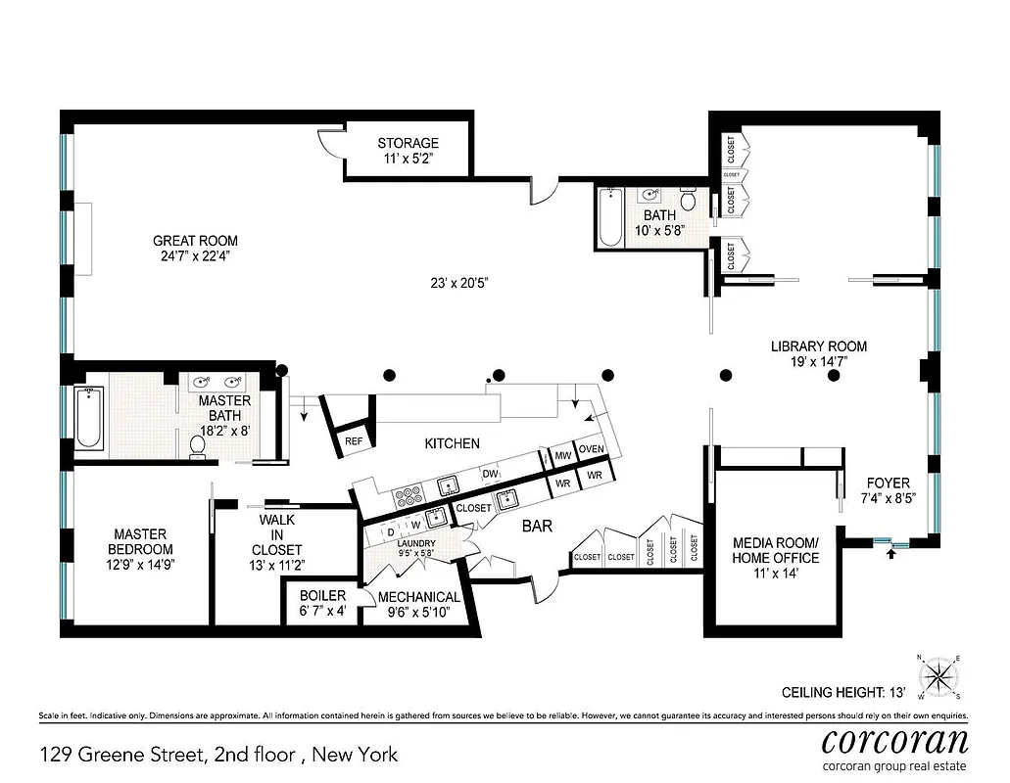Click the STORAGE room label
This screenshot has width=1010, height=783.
[408, 144]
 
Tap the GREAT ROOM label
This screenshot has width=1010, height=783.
[195, 241]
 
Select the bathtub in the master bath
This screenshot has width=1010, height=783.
[89, 418]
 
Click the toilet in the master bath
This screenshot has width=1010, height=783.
[197, 445]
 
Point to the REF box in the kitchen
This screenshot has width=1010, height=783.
[354, 441]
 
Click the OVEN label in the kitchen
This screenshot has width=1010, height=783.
[591, 448]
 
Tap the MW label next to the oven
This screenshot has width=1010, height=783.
[562, 455]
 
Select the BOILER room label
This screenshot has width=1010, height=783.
[322, 596]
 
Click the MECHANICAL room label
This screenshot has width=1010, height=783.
[418, 597]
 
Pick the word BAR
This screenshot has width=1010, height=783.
[537, 527]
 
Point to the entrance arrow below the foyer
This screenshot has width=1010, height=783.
[890, 554]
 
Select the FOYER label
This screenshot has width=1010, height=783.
[889, 483]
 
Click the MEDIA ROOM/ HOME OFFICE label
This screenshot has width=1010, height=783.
[775, 550]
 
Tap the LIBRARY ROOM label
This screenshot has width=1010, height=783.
[818, 346]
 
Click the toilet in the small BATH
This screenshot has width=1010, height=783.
[689, 202]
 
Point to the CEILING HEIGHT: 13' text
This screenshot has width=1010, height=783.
[842, 692]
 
